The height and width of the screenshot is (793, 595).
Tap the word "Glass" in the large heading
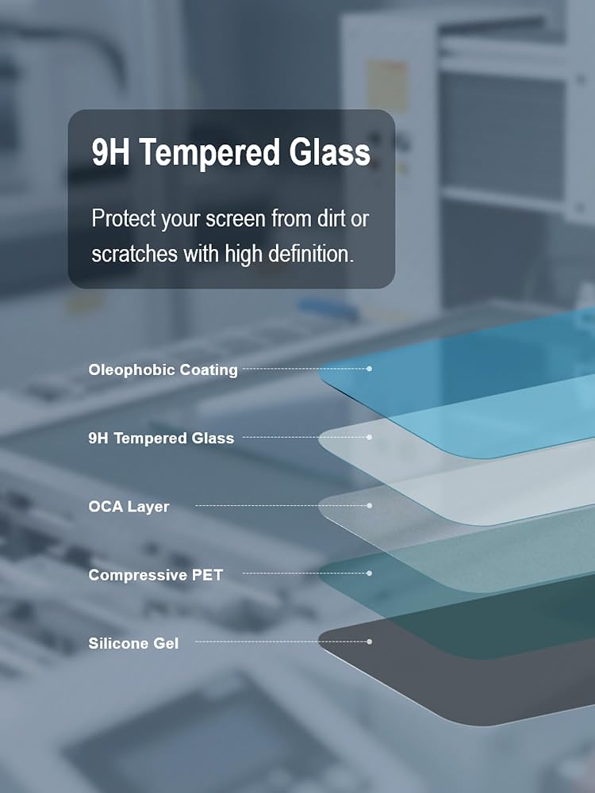[329, 151]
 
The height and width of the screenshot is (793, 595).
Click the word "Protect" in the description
[124, 219]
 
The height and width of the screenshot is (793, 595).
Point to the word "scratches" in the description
[134, 254]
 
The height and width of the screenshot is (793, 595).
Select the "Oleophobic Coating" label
[163, 370]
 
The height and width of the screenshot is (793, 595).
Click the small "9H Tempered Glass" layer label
[161, 438]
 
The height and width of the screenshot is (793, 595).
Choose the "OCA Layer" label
[129, 506]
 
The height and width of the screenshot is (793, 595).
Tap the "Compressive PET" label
[155, 575]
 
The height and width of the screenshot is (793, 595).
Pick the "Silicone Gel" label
[133, 643]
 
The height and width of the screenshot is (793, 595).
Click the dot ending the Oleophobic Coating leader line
[370, 369]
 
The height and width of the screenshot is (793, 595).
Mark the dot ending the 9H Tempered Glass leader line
[370, 437]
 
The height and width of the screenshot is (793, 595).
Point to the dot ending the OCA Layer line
[370, 505]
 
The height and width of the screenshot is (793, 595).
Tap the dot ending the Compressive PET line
[370, 573]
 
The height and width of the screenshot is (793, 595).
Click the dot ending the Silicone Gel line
[370, 642]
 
